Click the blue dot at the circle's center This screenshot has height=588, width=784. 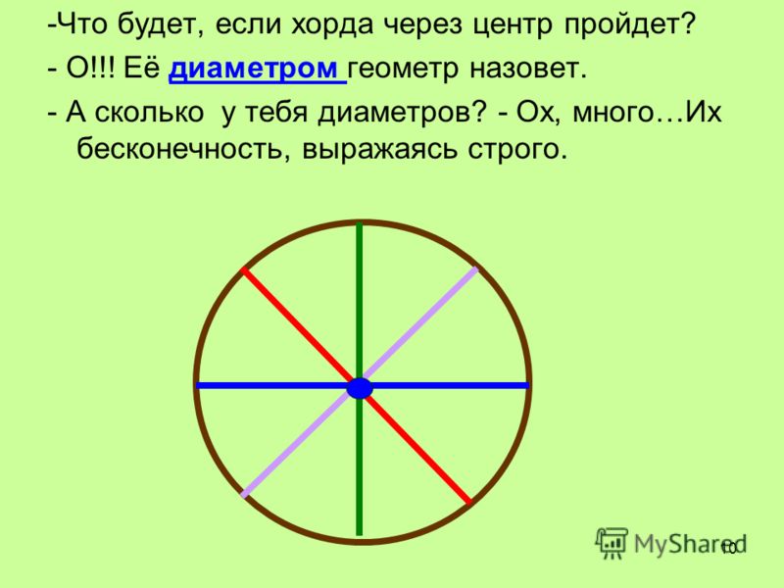[x=360, y=388]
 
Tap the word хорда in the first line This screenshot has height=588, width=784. [x=332, y=25]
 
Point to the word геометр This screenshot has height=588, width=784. [x=403, y=70]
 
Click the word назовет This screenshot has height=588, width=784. [x=527, y=69]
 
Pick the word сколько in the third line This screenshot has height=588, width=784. [x=149, y=112]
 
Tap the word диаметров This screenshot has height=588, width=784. [x=402, y=113]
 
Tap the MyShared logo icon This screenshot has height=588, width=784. [x=611, y=543]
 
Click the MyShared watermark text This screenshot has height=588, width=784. [x=690, y=544]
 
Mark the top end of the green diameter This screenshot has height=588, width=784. [x=360, y=223]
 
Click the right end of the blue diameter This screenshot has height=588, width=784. [x=527, y=385]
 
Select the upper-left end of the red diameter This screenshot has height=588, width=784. [x=243, y=270]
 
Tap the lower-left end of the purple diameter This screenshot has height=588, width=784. [x=243, y=496]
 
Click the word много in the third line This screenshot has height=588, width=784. [x=612, y=113]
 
